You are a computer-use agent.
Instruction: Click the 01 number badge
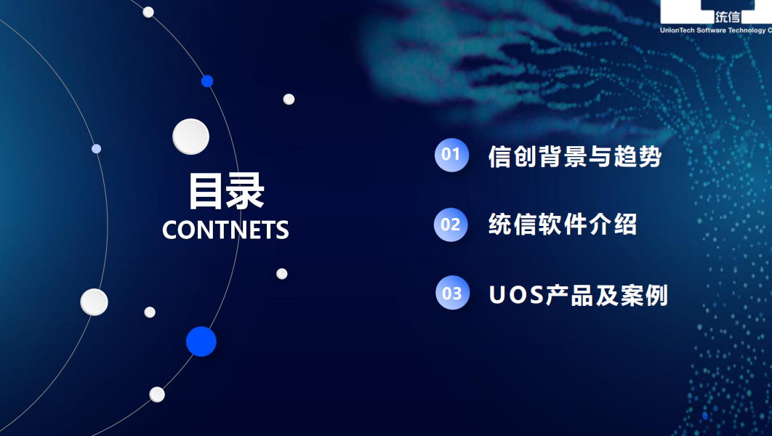tap(451, 155)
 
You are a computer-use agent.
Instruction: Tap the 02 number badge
tap(451, 225)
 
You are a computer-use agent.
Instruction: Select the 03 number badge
tap(452, 293)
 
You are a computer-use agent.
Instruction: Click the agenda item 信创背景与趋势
tap(574, 156)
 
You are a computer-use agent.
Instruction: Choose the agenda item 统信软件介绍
tap(563, 225)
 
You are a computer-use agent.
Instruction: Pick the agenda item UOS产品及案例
tap(578, 295)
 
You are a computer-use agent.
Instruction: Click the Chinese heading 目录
tap(227, 191)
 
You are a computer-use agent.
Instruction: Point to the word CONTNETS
tap(225, 230)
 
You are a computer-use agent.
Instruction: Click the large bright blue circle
tap(201, 342)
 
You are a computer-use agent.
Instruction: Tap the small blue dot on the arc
tap(207, 81)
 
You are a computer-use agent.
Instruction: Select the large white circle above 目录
tap(190, 137)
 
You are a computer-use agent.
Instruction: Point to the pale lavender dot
tap(97, 149)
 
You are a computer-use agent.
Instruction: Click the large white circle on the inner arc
tap(94, 302)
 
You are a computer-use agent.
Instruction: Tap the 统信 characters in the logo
tap(728, 17)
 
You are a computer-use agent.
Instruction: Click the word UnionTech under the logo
tap(677, 30)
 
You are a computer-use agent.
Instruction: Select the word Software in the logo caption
tap(711, 30)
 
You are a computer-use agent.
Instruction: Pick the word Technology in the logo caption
tap(747, 31)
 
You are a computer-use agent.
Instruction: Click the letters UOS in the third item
tap(516, 295)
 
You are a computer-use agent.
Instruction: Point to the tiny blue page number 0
tap(705, 416)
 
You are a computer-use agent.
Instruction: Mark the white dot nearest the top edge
tap(148, 12)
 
